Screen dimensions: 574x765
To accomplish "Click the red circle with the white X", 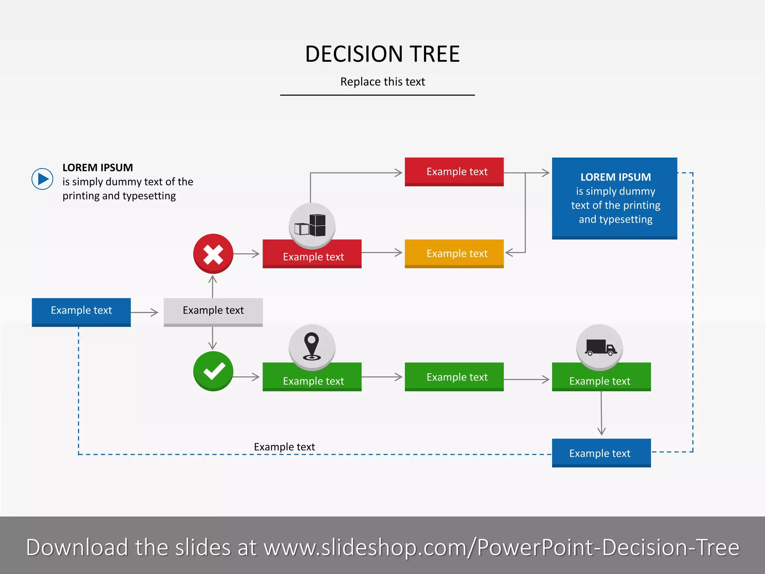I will tap(213, 254).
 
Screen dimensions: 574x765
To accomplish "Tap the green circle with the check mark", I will tap(213, 371).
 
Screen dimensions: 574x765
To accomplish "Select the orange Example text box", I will tap(454, 253).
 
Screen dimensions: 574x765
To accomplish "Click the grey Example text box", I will tap(213, 311).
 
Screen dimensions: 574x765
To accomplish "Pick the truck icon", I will tap(600, 347).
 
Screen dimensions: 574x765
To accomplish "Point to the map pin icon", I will tap(312, 346).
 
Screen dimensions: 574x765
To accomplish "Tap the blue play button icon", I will tap(42, 179).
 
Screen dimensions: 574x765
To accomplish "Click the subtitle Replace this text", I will tap(382, 81).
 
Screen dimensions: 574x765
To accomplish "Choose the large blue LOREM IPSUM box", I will tap(614, 198).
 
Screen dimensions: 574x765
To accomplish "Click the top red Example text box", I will tap(454, 172).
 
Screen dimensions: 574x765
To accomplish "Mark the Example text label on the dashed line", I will tap(284, 447).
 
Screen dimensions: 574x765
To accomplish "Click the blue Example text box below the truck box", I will tap(601, 453).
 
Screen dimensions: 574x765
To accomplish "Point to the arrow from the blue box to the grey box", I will tap(145, 312).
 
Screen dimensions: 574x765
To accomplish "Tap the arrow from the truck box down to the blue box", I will tap(601, 413).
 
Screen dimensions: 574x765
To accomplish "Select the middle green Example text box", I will tap(454, 377).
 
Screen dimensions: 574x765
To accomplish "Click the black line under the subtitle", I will tap(377, 95).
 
